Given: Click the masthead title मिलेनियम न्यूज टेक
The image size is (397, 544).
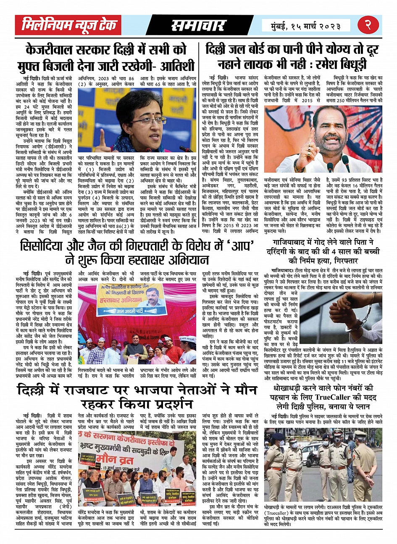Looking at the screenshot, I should pyautogui.click(x=69, y=26).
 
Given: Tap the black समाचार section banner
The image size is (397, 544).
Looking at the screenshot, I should pyautogui.click(x=198, y=26).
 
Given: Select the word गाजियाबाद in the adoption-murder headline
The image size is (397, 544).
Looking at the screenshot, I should pyautogui.click(x=296, y=243).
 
